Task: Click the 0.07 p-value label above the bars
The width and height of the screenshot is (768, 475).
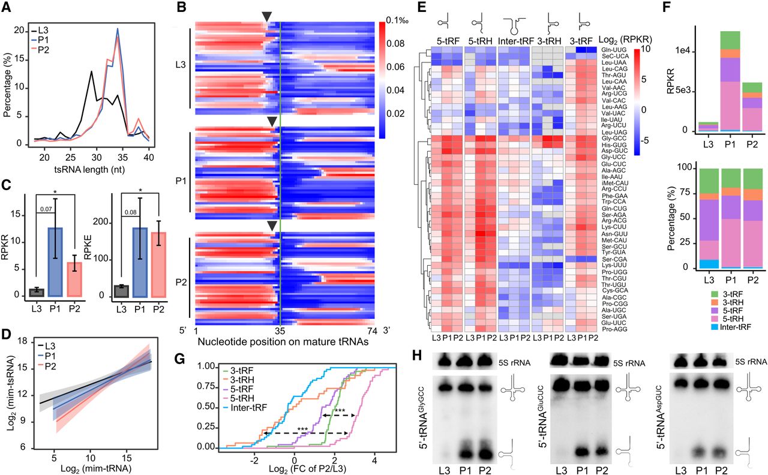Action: (46, 209)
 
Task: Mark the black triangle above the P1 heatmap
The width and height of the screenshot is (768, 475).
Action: (272, 122)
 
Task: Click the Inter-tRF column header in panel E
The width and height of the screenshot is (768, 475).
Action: (514, 41)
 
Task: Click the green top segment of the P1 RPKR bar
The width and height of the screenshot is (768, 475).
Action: (720, 40)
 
